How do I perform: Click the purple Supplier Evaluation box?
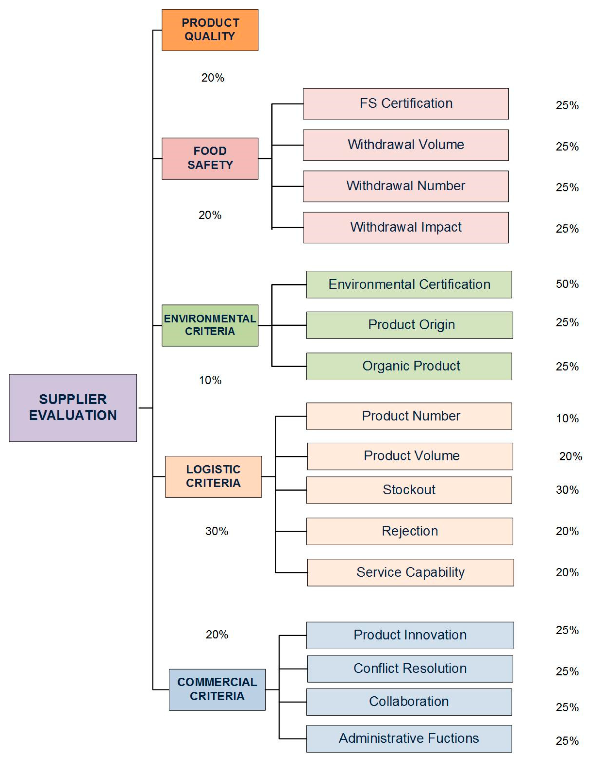(x=73, y=408)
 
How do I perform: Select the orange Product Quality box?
(x=210, y=30)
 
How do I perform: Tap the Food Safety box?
(x=210, y=158)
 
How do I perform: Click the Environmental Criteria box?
(x=210, y=325)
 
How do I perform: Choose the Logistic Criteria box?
(x=213, y=476)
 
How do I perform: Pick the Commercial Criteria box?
(x=217, y=689)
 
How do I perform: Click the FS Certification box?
(x=406, y=104)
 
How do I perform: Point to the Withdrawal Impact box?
(x=406, y=227)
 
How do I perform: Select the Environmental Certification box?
(x=409, y=284)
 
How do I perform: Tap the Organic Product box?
(x=409, y=366)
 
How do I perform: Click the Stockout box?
(x=409, y=490)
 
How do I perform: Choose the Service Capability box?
(x=410, y=572)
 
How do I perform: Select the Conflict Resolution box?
(x=410, y=668)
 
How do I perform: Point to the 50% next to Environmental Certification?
(x=567, y=284)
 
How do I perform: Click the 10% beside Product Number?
(x=567, y=418)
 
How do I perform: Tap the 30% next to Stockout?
(x=567, y=490)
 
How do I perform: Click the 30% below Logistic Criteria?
(x=217, y=531)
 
